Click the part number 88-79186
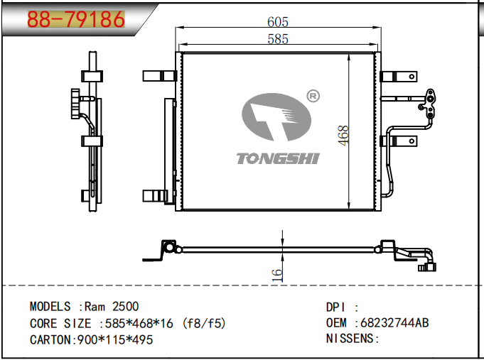pyautogui.click(x=75, y=20)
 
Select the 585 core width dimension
pyautogui.click(x=278, y=40)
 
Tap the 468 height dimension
pyautogui.click(x=344, y=136)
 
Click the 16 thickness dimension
pyautogui.click(x=278, y=271)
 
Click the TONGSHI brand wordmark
pyautogui.click(x=278, y=158)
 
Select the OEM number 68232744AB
pyautogui.click(x=394, y=323)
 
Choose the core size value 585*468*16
pyautogui.click(x=141, y=323)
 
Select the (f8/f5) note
pyautogui.click(x=204, y=323)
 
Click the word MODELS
pyautogui.click(x=50, y=307)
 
